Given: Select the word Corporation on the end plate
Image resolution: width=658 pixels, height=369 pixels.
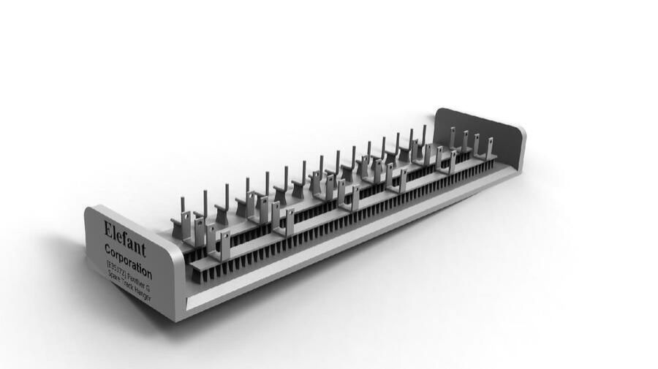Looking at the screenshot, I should [x=128, y=260].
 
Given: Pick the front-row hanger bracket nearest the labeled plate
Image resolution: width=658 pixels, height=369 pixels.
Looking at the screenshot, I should [x=224, y=245].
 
